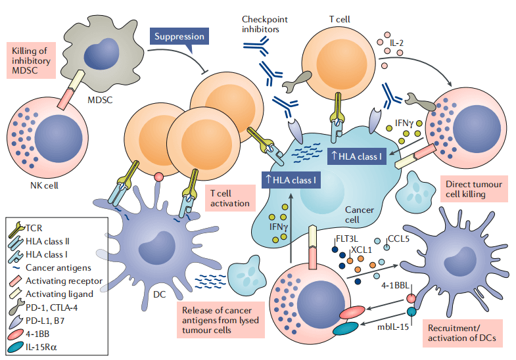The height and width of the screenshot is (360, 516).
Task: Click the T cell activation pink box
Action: pyautogui.click(x=228, y=198)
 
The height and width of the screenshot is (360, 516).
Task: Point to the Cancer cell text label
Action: pyautogui.click(x=360, y=214)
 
